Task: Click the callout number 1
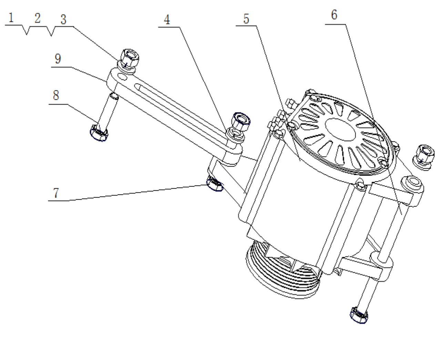pos(11,18)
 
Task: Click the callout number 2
pos(37,18)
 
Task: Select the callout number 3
pos(63,20)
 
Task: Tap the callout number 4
pos(167,20)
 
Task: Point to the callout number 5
pos(246,19)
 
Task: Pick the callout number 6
pos(334,15)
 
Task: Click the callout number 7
pos(56,193)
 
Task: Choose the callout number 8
pos(56,95)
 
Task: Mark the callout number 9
pos(58,59)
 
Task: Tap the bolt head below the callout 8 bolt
pos(99,133)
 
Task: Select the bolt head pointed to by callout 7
pos(214,184)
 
